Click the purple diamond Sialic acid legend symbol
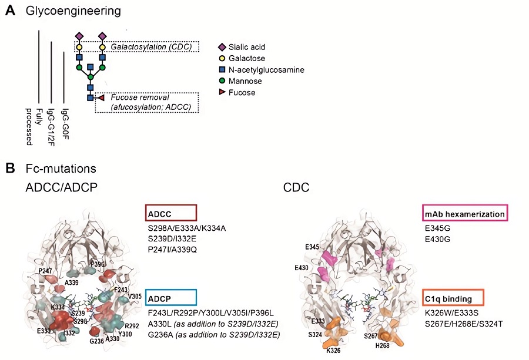coord(222,47)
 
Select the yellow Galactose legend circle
coord(222,58)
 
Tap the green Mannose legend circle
coord(222,81)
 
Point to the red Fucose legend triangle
coord(222,92)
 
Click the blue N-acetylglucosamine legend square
coord(222,70)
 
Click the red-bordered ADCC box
coord(170,212)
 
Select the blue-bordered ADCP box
coord(170,297)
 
